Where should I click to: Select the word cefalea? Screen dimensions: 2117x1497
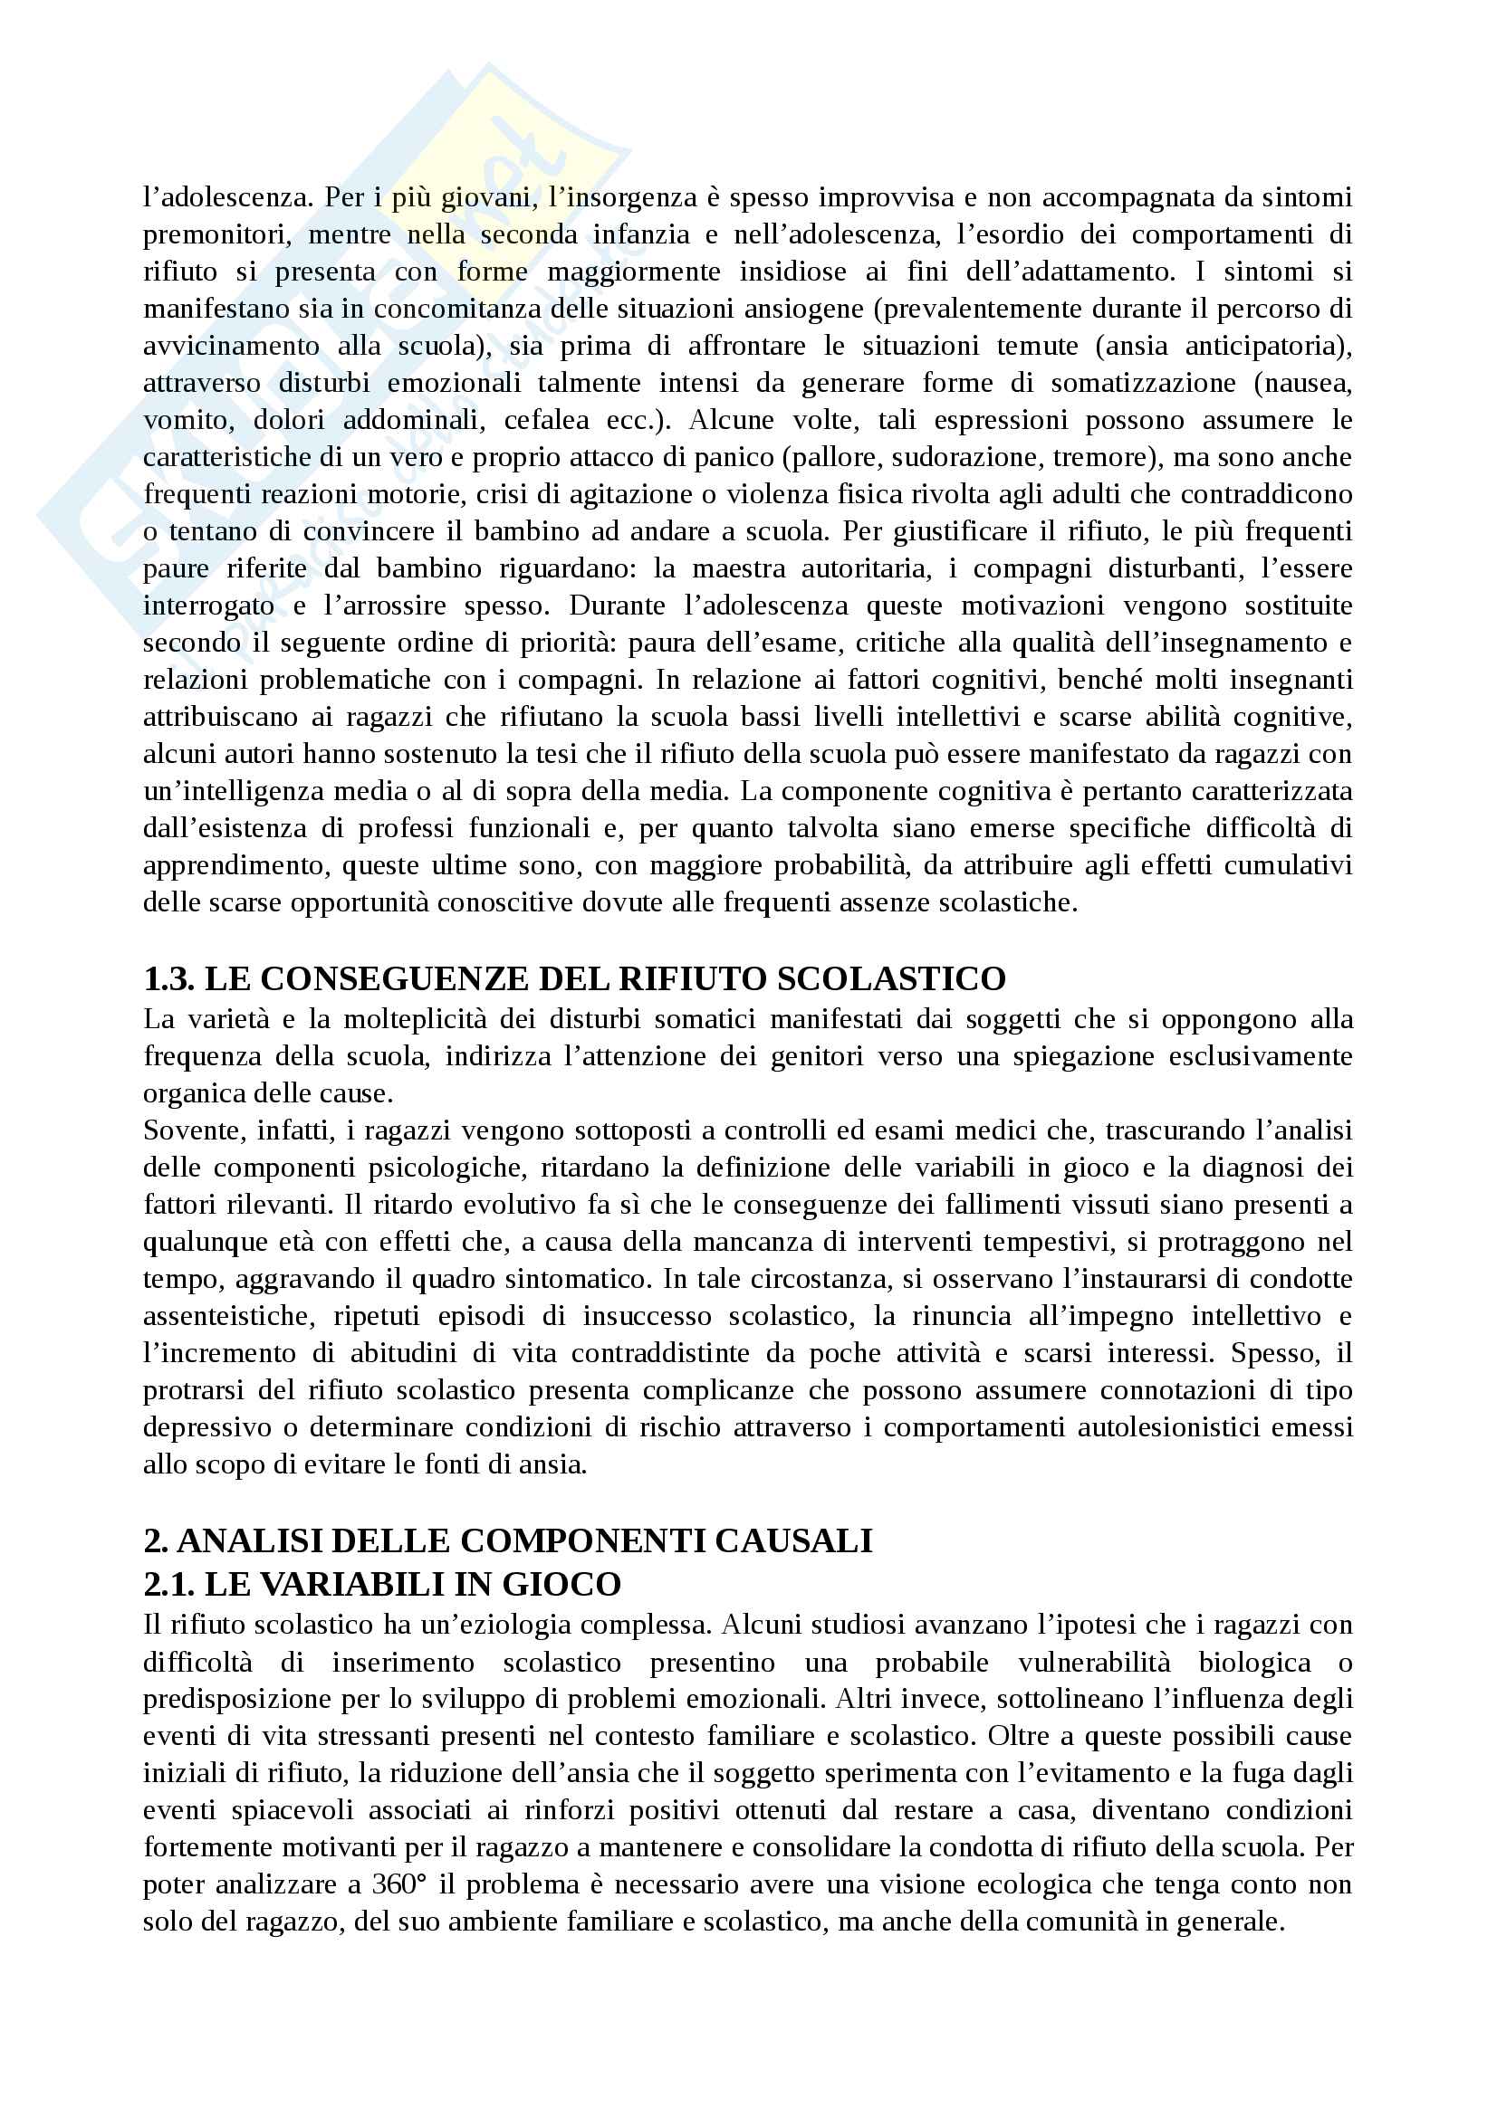click(546, 421)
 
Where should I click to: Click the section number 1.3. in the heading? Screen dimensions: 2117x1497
click(168, 977)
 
